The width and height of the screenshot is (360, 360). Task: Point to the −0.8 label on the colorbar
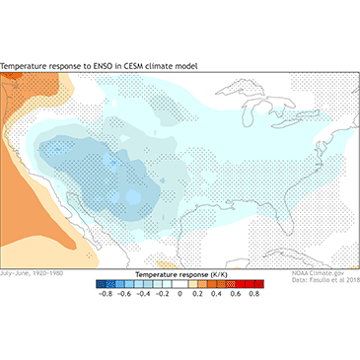pyautogui.click(x=103, y=293)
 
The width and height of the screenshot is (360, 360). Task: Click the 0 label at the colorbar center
pyautogui.click(x=180, y=293)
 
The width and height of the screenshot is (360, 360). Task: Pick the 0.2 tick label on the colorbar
pyautogui.click(x=198, y=293)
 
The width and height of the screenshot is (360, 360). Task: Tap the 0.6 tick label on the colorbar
pyautogui.click(x=236, y=293)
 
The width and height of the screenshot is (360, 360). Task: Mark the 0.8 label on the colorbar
pyautogui.click(x=254, y=293)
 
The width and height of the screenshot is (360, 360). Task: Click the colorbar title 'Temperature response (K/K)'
pyautogui.click(x=179, y=271)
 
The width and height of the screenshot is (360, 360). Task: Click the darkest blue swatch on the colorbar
pyautogui.click(x=105, y=282)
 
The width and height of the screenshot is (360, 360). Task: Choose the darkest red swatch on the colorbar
pyautogui.click(x=253, y=282)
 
